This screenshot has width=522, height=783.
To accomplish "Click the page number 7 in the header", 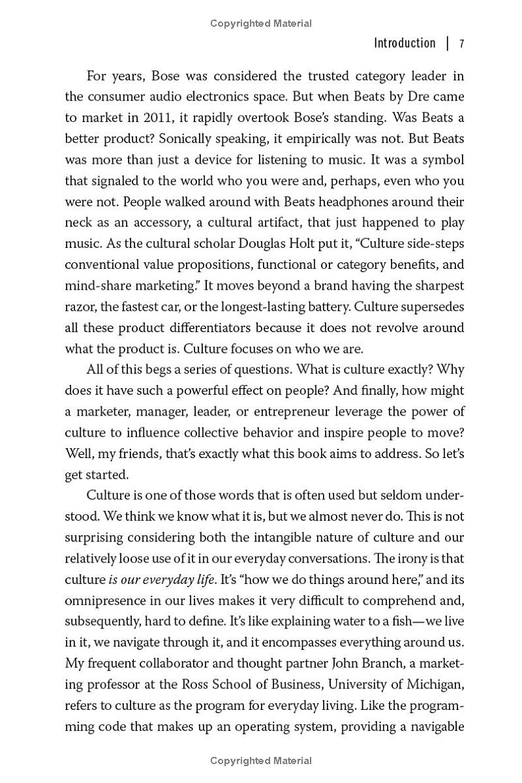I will tap(461, 44).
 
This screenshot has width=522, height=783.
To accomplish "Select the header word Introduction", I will tap(405, 43).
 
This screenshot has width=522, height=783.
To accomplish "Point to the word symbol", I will tap(441, 159).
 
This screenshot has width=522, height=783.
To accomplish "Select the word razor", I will tap(81, 306).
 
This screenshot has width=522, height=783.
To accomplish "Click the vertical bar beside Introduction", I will tap(448, 44).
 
